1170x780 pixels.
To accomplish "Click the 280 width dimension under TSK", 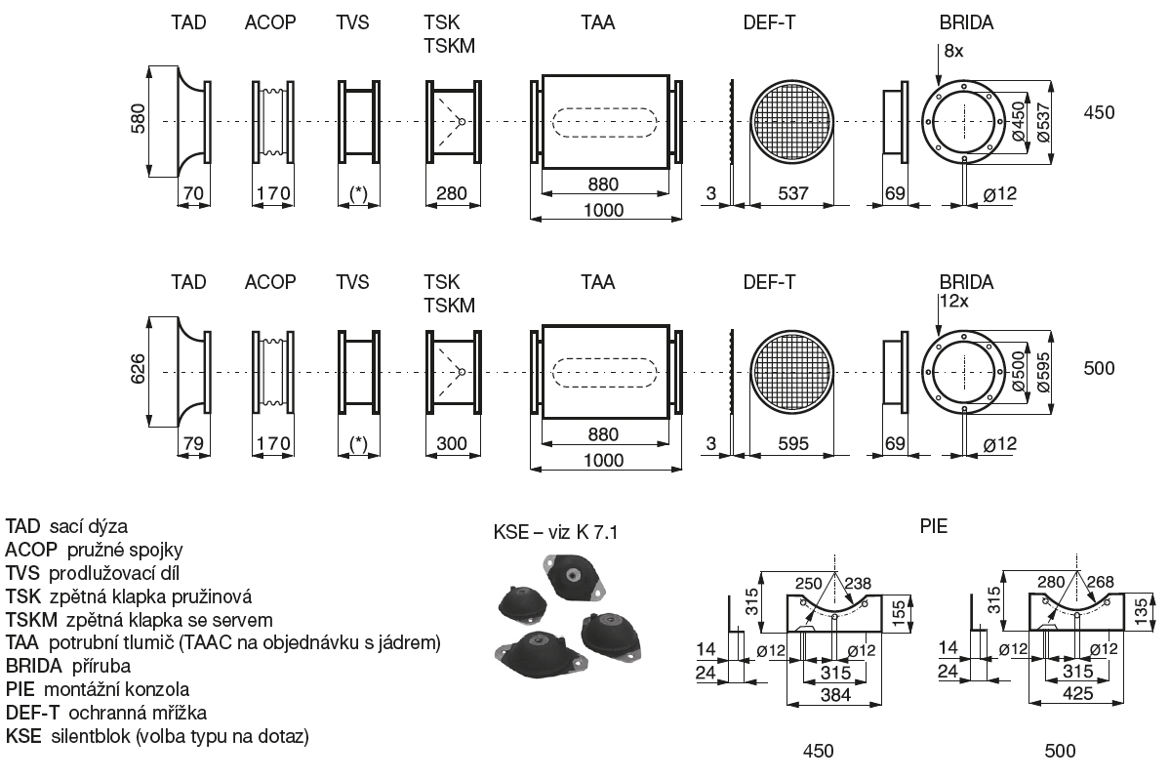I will (x=451, y=193).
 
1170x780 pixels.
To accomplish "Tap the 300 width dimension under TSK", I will (x=451, y=443).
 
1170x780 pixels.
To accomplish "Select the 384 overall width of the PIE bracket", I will (x=835, y=696).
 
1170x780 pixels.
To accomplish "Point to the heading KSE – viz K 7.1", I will (x=556, y=533).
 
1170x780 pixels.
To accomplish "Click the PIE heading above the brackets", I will (x=934, y=526).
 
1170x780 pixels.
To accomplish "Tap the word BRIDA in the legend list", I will (x=34, y=667).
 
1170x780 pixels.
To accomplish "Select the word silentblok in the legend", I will (x=87, y=737).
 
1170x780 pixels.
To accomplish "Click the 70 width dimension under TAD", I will (x=192, y=193).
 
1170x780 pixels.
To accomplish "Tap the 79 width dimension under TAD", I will (x=192, y=443).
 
